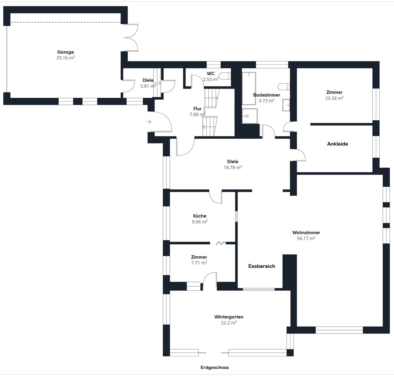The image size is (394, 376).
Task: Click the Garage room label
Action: point(65,52)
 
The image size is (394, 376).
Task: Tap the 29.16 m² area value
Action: point(65,58)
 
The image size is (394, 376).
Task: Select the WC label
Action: point(211,73)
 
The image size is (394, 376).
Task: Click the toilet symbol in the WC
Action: point(225,76)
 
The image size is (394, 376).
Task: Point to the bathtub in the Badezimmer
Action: point(249,88)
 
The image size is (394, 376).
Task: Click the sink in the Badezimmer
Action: point(286,105)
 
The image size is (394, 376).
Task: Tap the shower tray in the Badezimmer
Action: point(250,116)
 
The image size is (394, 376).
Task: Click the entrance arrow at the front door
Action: point(149,122)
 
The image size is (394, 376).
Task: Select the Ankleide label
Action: point(338,144)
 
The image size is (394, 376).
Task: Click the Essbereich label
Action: point(262,266)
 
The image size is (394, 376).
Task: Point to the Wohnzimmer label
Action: point(306,232)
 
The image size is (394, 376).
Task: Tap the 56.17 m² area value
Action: point(306,238)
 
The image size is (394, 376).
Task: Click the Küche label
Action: point(200,216)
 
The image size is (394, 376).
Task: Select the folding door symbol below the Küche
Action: point(221,243)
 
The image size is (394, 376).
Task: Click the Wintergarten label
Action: point(229,317)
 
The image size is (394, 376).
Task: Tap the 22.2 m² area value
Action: point(229,322)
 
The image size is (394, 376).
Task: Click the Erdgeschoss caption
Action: point(215,367)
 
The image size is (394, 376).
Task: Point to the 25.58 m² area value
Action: point(334,98)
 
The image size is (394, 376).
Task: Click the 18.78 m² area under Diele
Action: point(233,167)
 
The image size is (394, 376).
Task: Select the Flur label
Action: point(197,109)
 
